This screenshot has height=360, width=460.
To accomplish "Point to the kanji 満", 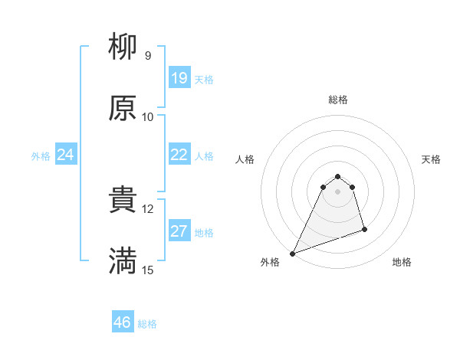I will click(x=123, y=261).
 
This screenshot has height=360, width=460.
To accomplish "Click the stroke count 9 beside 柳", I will click(x=148, y=56).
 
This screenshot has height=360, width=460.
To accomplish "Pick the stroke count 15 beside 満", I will click(x=148, y=270).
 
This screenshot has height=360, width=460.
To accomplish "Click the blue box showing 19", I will click(x=179, y=78).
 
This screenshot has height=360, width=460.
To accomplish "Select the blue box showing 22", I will click(x=179, y=155).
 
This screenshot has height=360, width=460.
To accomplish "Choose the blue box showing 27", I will click(x=179, y=231).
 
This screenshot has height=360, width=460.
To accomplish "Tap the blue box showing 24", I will click(x=66, y=155).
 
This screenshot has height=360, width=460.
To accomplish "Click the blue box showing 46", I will click(x=123, y=322).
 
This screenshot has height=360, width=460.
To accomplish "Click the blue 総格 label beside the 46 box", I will click(x=147, y=324).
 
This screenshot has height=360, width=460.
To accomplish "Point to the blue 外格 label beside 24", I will click(x=41, y=156).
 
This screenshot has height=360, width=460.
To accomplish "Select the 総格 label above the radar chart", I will click(x=338, y=100).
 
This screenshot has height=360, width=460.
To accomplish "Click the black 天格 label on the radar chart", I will click(x=432, y=159).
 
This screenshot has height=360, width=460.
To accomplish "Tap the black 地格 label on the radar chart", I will click(x=402, y=262).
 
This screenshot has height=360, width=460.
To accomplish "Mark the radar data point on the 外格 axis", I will click(x=293, y=254).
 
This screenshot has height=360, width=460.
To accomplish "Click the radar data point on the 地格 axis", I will click(x=364, y=229).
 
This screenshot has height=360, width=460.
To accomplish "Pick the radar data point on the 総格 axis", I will click(x=338, y=175).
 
